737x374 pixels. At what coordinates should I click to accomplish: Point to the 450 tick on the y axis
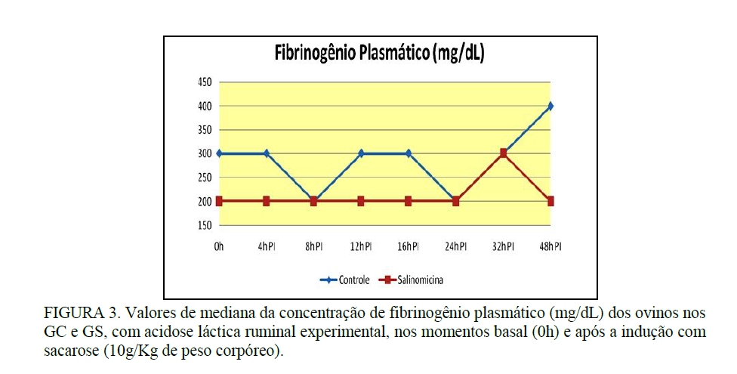pos(204,82)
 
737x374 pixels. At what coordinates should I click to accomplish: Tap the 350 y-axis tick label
pos(204,130)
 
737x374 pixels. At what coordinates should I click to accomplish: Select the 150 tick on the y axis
pos(204,225)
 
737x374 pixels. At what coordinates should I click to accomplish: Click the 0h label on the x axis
pos(219,246)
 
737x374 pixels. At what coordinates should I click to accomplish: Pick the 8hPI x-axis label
pos(313,246)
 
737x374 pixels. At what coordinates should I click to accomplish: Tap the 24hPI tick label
pos(455,246)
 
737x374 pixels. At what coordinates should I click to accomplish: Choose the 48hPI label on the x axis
pos(550,246)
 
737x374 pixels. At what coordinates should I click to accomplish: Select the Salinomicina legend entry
pos(416,280)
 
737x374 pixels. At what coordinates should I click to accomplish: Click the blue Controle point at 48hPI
pos(550,106)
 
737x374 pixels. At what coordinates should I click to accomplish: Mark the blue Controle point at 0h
pos(219,153)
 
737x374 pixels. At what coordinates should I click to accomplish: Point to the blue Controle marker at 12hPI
pos(361,153)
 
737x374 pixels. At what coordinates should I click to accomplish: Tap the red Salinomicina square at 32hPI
pos(503,153)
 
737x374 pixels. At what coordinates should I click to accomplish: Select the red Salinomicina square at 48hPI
pos(550,201)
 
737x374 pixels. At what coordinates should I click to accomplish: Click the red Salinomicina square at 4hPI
pos(267,201)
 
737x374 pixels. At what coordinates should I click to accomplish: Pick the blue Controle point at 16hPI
pos(409,153)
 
